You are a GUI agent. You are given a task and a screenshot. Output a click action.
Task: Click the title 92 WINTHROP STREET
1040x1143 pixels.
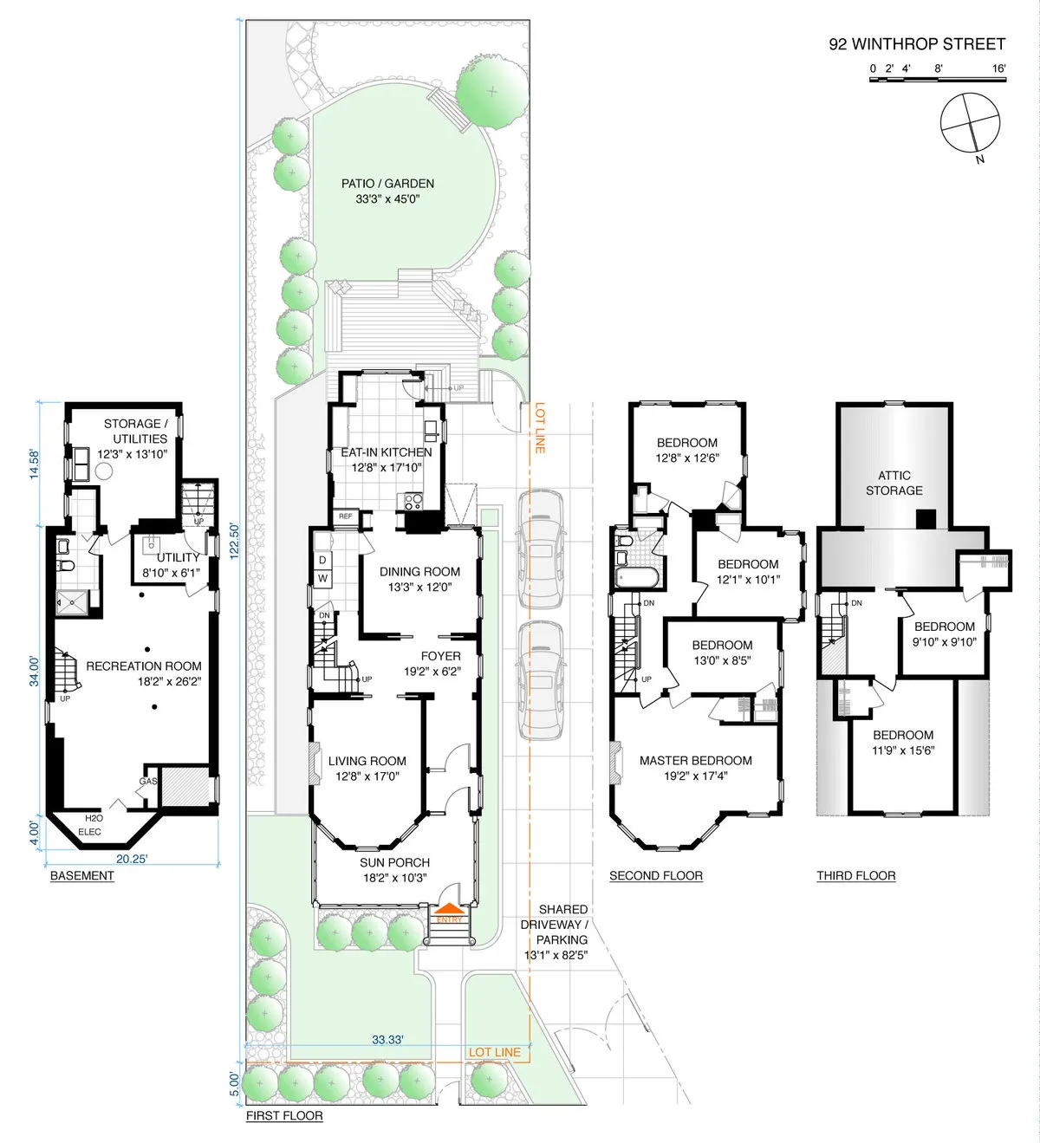click(x=917, y=44)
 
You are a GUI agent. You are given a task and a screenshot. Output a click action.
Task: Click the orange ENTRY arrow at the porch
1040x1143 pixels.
click(x=449, y=911)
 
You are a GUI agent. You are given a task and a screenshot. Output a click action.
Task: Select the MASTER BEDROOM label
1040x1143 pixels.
click(x=695, y=761)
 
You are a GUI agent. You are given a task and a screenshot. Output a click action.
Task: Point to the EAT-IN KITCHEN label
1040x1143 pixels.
click(x=386, y=452)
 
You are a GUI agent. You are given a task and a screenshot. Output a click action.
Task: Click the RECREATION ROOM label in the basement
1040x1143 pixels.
click(x=144, y=666)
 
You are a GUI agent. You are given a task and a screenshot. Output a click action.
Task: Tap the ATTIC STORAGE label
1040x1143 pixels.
click(x=894, y=483)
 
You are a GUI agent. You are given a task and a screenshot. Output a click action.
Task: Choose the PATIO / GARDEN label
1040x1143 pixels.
click(x=387, y=184)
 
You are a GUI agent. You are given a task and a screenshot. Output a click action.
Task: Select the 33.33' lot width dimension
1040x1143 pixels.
click(x=387, y=1039)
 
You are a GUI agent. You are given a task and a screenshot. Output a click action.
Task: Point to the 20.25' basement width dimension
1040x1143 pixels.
click(x=132, y=859)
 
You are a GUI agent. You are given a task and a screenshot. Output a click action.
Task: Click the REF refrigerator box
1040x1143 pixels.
click(x=346, y=516)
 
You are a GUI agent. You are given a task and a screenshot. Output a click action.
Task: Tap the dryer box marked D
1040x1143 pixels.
click(x=322, y=561)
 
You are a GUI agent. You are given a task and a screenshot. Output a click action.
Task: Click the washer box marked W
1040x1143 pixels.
click(x=322, y=578)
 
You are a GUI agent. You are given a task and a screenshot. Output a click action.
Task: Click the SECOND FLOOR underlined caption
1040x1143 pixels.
click(x=655, y=876)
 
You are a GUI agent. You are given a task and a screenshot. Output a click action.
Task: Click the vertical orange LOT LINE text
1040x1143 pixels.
click(x=540, y=427)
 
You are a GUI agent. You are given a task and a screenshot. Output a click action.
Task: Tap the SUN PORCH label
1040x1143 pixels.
click(x=394, y=862)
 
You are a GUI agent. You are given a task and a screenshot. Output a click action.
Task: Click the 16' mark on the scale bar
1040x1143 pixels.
click(x=998, y=68)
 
